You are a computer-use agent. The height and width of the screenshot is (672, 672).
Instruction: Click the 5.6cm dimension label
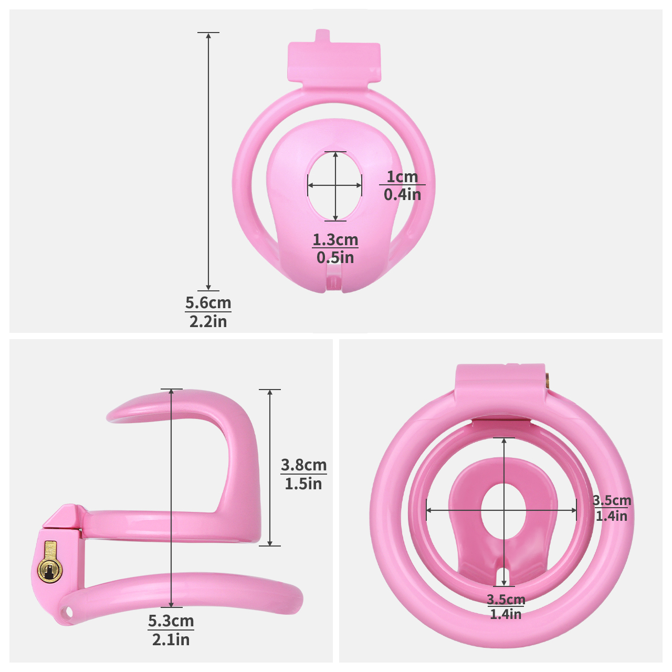point(208,302)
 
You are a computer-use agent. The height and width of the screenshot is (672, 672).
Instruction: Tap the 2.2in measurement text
point(208,321)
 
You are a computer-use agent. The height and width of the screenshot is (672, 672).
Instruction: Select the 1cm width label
point(402,176)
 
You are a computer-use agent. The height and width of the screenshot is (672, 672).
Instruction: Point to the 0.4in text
point(403,194)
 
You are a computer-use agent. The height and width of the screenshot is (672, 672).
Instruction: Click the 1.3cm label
point(335,239)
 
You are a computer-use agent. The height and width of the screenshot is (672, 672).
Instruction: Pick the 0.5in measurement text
point(335,257)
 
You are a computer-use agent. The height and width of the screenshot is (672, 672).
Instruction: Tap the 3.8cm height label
point(304,465)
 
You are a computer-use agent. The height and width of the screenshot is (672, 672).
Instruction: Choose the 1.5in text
point(303,484)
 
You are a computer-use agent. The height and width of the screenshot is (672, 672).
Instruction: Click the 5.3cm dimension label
point(171,621)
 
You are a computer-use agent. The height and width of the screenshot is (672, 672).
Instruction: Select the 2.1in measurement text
point(171,639)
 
